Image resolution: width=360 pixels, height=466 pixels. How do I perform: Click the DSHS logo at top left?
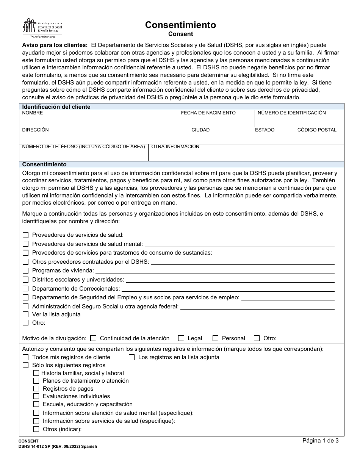pyautogui.click(x=42, y=28)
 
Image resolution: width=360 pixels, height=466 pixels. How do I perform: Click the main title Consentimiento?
pyautogui.click(x=180, y=25)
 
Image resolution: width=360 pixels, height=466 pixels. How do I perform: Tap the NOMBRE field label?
pyautogui.click(x=33, y=113)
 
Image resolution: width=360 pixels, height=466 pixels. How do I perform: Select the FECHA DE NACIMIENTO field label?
pyautogui.click(x=208, y=113)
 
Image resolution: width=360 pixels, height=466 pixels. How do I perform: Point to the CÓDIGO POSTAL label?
pyautogui.click(x=317, y=130)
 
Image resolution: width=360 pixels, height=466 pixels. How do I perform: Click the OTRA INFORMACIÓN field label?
pyautogui.click(x=175, y=147)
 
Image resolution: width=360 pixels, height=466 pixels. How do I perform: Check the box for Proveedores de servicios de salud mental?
pyautogui.click(x=26, y=244)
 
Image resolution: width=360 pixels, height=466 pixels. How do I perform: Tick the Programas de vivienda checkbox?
pyautogui.click(x=26, y=271)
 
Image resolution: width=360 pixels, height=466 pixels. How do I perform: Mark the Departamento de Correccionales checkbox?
pyautogui.click(x=26, y=288)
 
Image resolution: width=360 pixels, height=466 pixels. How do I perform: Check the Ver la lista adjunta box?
pyautogui.click(x=26, y=314)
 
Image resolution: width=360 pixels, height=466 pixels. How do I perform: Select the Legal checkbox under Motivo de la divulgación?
pyautogui.click(x=181, y=338)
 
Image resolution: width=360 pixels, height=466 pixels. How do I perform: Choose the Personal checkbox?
pyautogui.click(x=216, y=338)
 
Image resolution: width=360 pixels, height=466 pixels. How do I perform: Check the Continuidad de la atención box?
pyautogui.click(x=93, y=338)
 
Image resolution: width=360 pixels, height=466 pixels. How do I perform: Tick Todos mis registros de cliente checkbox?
pyautogui.click(x=26, y=357)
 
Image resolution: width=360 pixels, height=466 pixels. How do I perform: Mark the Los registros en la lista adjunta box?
pyautogui.click(x=131, y=357)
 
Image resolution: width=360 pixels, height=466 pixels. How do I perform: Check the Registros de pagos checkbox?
pyautogui.click(x=36, y=388)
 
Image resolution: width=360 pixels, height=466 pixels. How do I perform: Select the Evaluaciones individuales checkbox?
pyautogui.click(x=36, y=396)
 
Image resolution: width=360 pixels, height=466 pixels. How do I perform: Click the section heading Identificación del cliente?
pyautogui.click(x=56, y=107)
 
